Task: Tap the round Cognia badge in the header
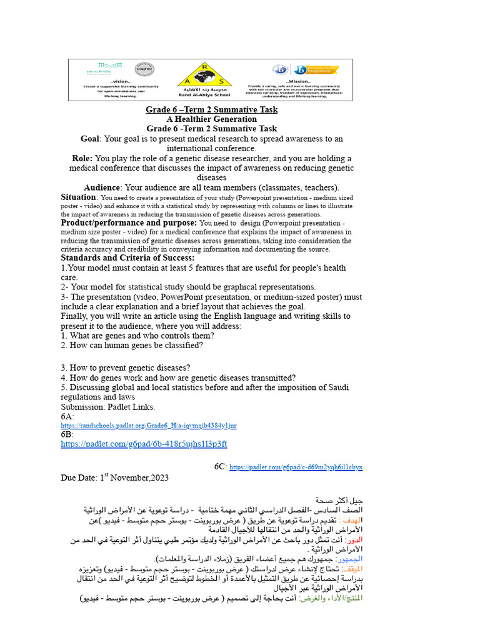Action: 144,69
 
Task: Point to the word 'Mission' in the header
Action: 296,81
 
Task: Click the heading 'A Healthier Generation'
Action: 211,119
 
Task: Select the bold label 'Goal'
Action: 91,139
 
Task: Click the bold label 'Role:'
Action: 82,159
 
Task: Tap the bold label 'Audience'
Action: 102,187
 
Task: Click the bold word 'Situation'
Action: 78,197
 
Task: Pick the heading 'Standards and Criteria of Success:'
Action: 127,257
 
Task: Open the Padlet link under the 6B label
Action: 143,444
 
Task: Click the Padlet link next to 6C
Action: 296,467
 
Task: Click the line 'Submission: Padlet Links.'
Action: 107,407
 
